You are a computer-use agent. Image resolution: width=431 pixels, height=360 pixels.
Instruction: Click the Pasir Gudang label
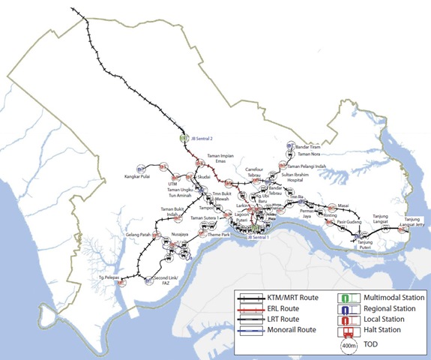click(x=349, y=222)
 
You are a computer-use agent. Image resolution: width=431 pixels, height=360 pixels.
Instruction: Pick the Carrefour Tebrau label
click(x=261, y=173)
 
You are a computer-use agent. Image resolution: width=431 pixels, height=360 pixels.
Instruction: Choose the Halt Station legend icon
click(x=346, y=329)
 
